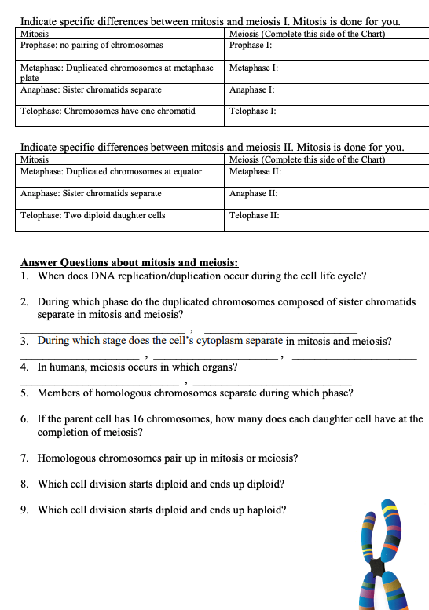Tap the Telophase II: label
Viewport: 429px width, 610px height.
coord(254,215)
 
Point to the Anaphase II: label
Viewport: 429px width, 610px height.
coord(252,193)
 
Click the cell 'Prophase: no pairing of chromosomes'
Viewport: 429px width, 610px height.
coord(92,46)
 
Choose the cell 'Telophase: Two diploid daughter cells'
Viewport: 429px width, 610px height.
coord(93,215)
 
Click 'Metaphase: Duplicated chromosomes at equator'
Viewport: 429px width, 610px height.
coord(111,171)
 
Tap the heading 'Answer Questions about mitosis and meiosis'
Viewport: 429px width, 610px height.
coord(129,263)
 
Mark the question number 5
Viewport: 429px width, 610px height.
coord(25,393)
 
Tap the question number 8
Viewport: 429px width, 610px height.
coord(25,484)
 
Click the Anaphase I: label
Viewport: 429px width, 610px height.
coord(251,90)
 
